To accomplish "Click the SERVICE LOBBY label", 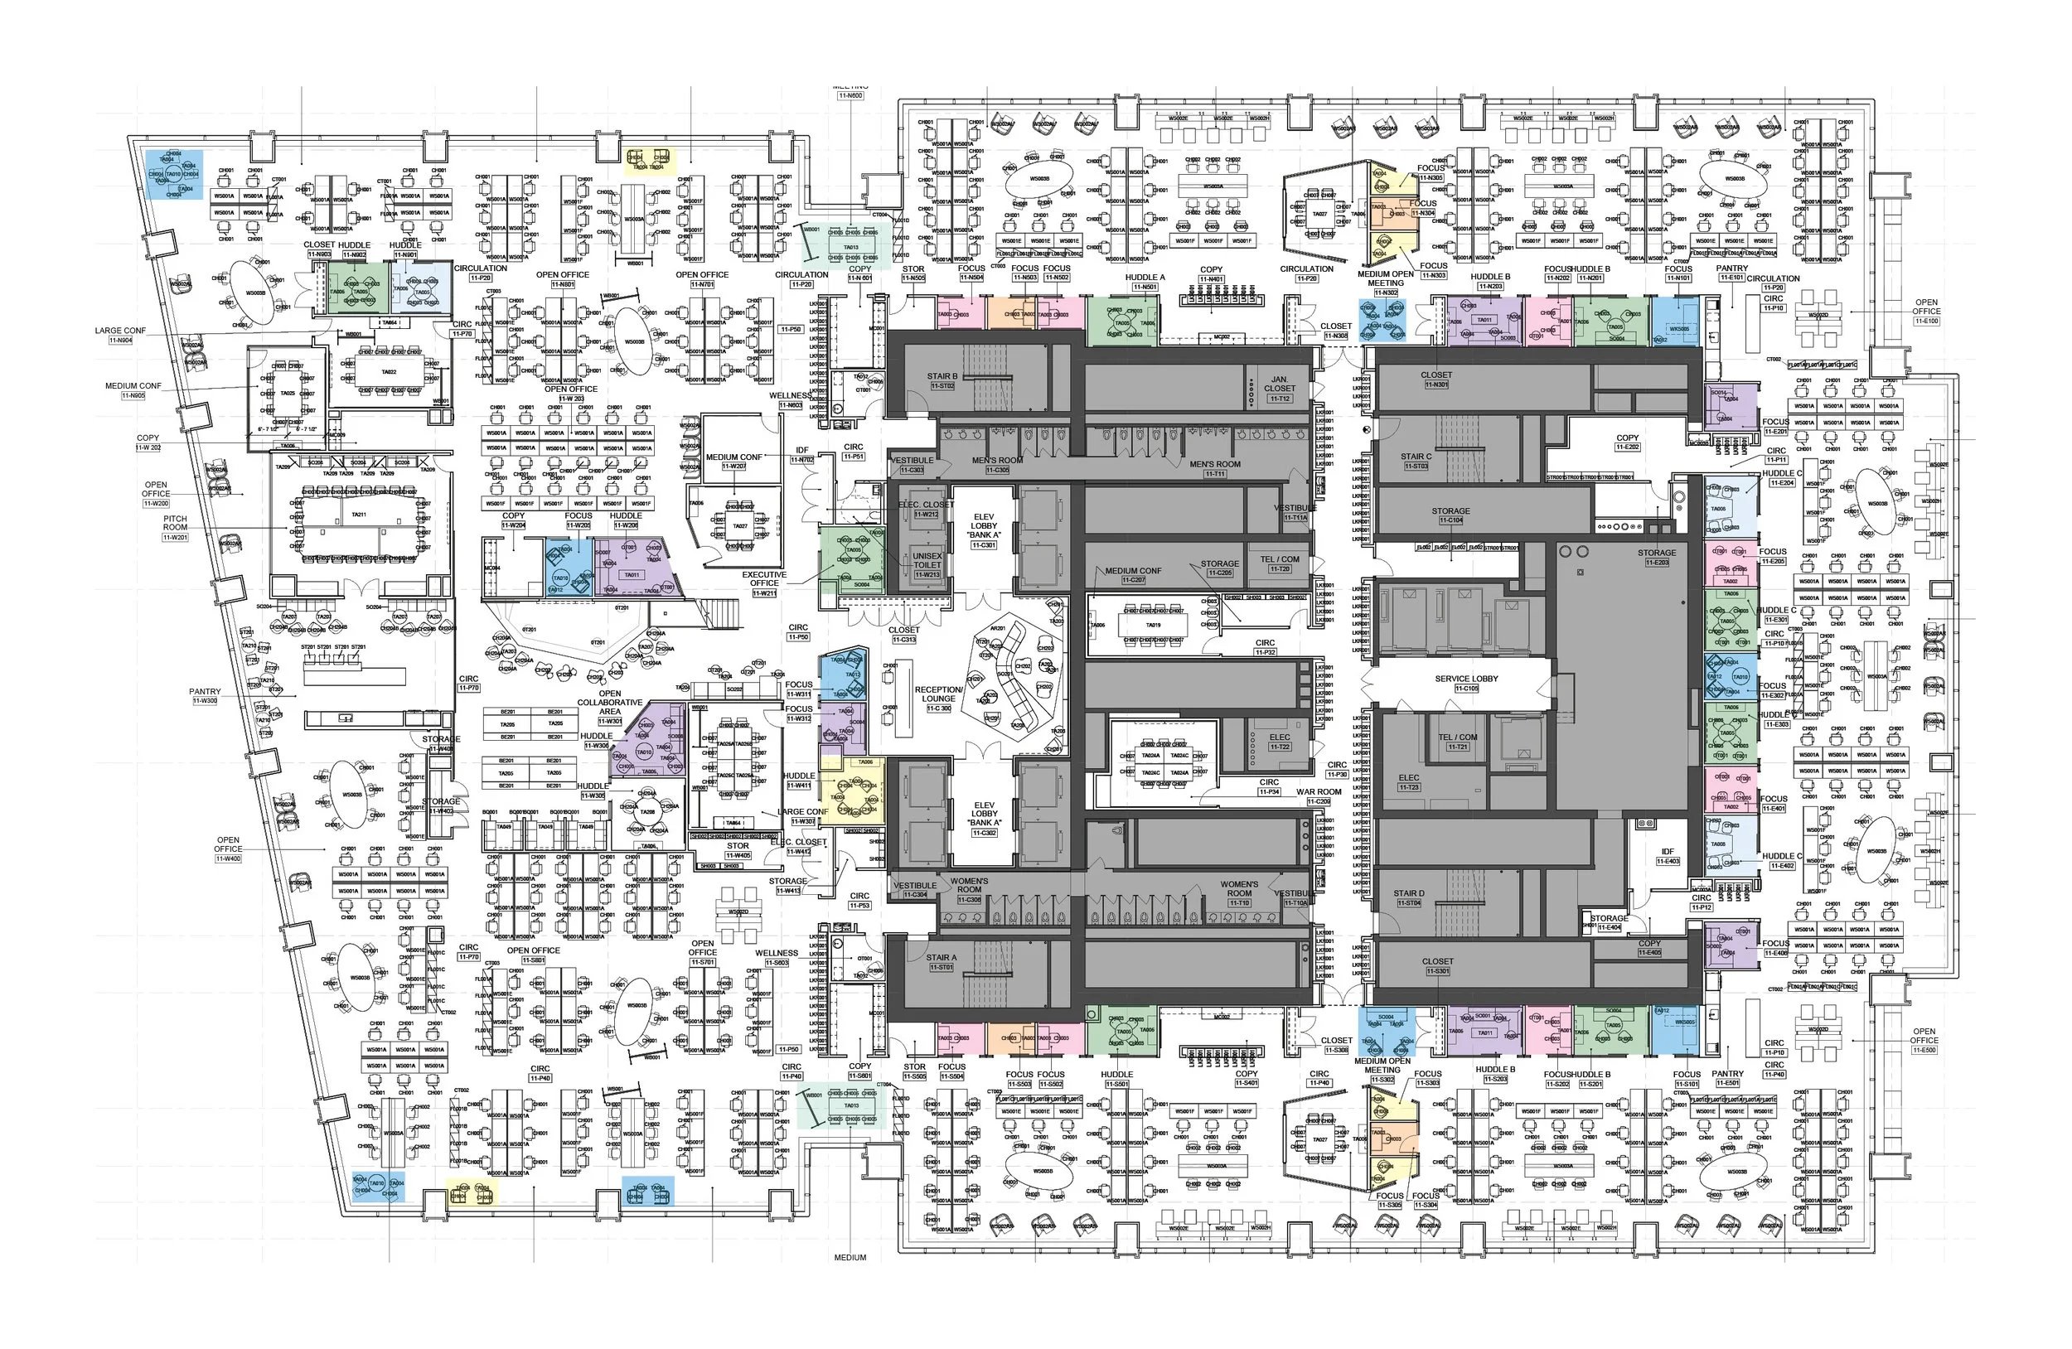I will pos(1466,678).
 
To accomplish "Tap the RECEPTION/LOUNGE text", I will pos(938,694).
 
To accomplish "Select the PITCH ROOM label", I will pos(175,522).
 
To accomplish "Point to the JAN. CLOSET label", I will pos(1279,384).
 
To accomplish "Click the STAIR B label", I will pos(942,377).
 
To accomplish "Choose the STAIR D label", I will pos(1409,893).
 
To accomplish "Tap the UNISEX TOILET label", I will pos(927,560).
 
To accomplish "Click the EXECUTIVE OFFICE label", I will pos(764,578).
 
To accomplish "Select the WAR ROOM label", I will pos(1318,792).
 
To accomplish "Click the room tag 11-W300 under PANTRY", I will pos(206,701).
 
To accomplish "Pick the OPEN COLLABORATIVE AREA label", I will pos(609,703).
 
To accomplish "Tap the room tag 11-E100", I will pos(1926,322).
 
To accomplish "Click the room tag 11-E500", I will pos(1924,1051).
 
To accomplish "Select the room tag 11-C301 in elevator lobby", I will pos(984,545).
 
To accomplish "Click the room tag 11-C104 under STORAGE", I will pos(1450,520).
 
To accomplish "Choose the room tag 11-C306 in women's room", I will pos(969,899).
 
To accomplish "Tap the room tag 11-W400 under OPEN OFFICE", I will pos(228,859).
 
